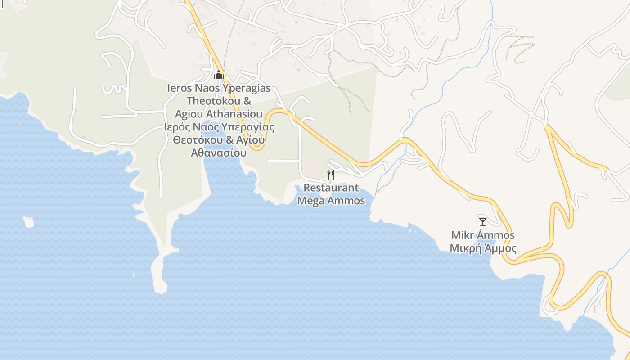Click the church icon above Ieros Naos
tap(219, 75)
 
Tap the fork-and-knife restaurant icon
tap(330, 174)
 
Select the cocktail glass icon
tap(483, 221)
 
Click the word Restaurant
tap(331, 188)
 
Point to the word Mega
tap(311, 201)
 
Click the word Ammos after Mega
tap(346, 201)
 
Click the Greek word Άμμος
tap(499, 248)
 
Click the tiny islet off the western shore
tap(29, 222)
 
